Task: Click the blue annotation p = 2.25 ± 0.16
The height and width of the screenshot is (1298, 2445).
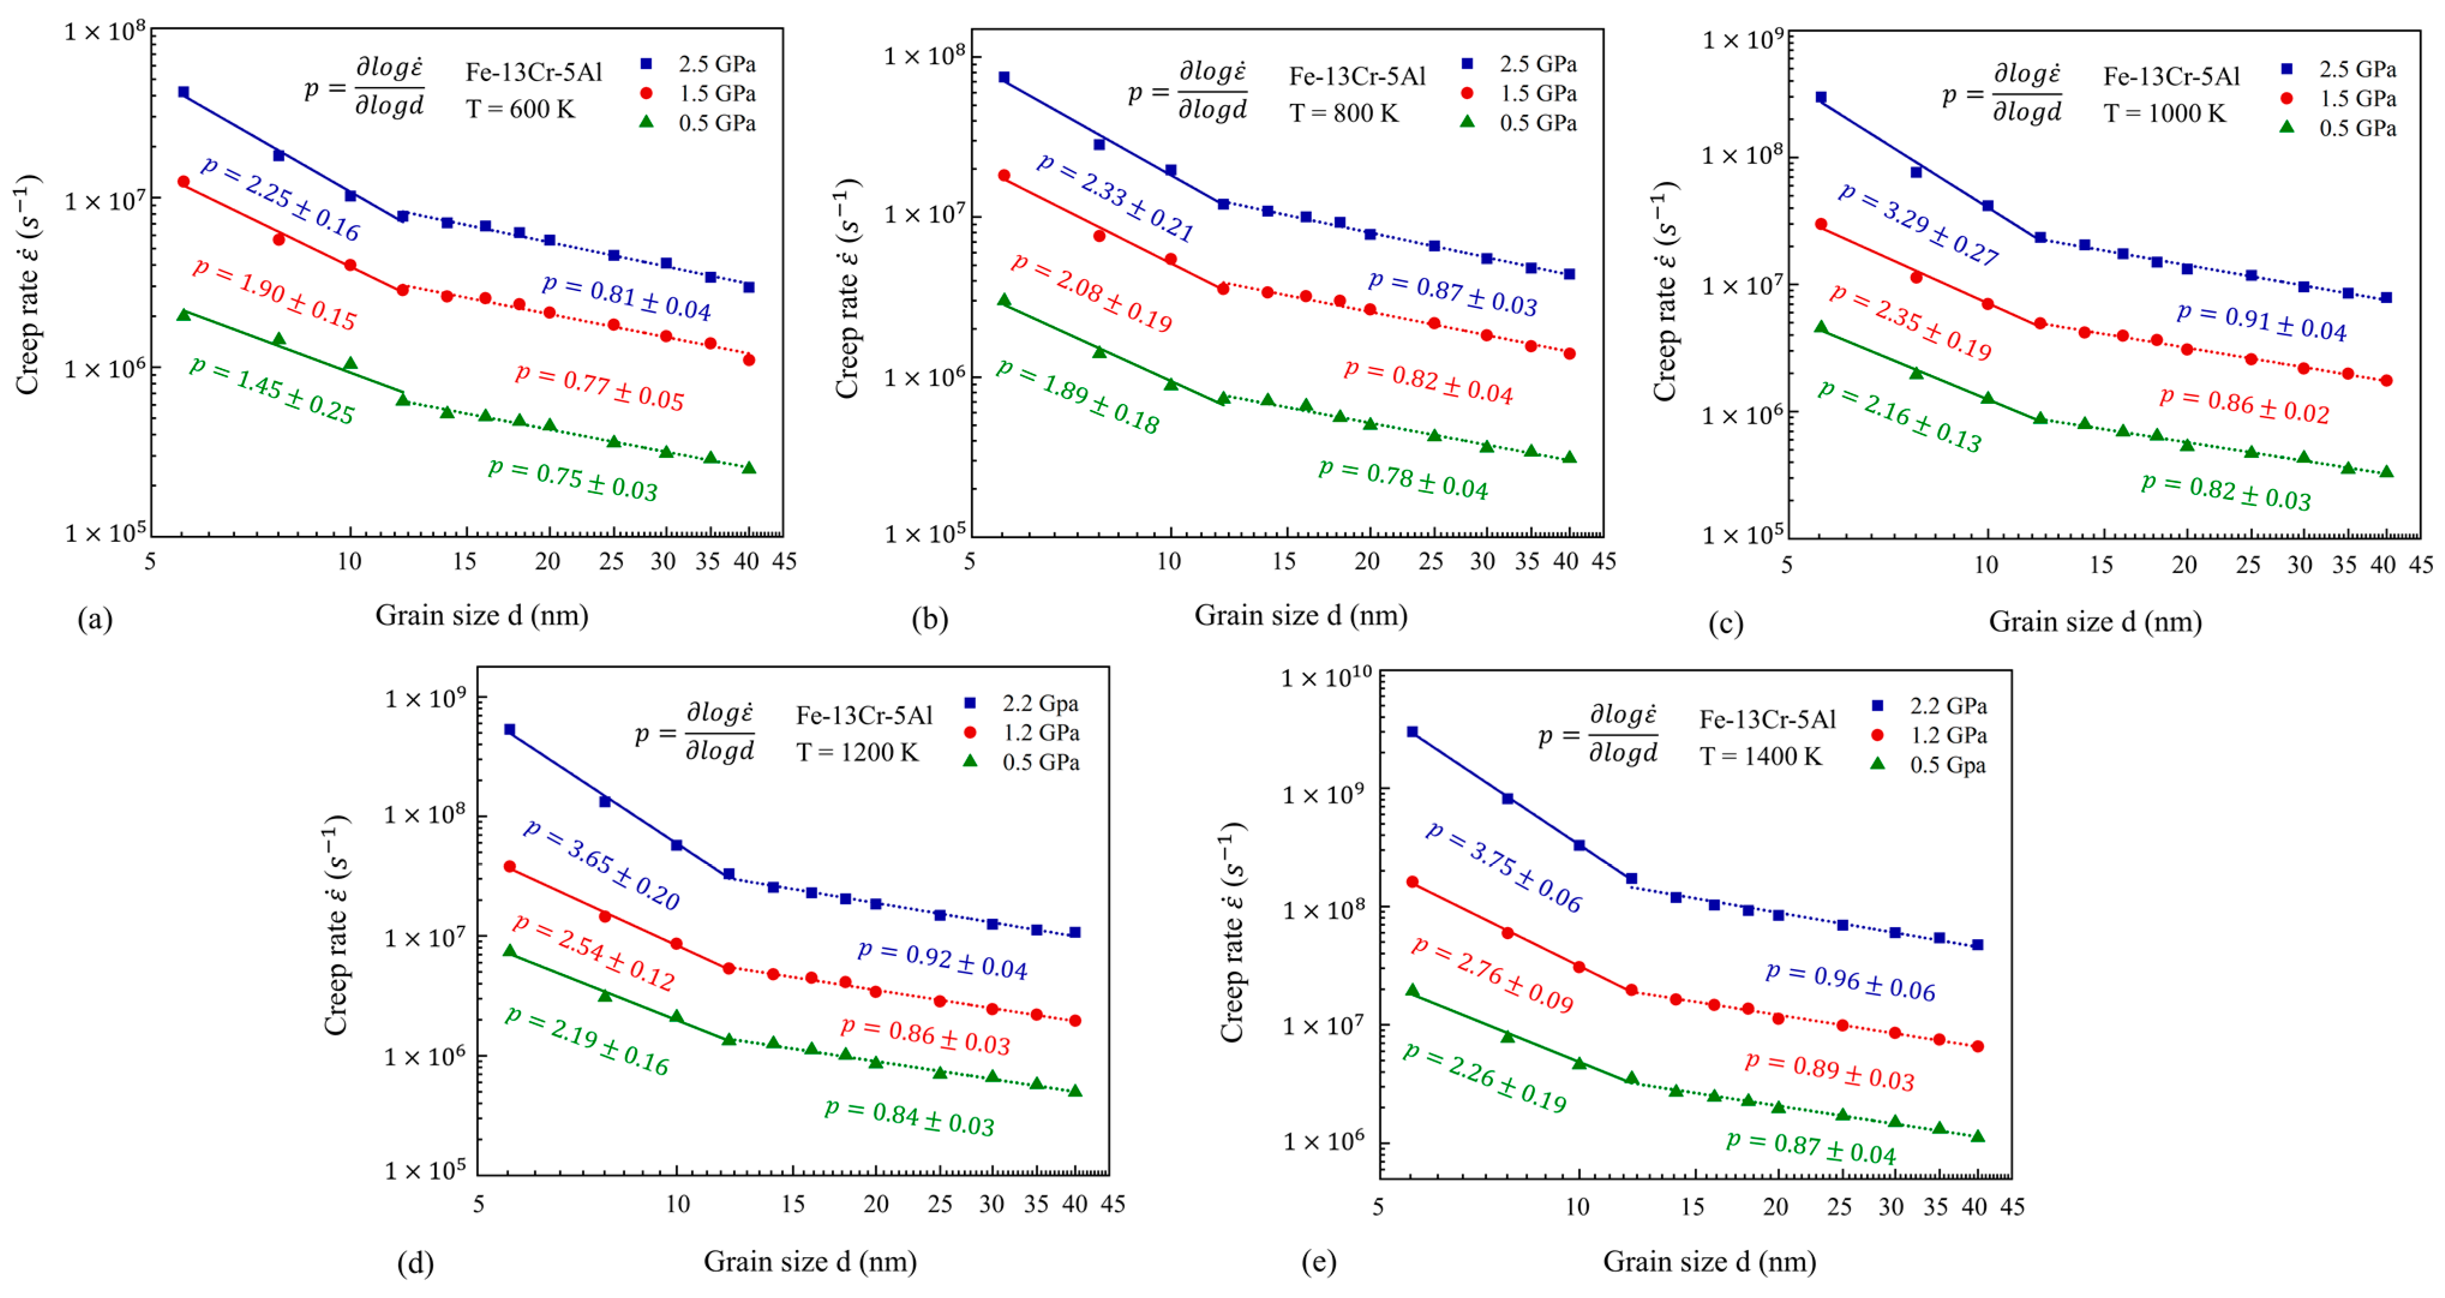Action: (x=281, y=199)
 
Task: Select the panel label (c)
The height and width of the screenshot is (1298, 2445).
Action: (x=1725, y=623)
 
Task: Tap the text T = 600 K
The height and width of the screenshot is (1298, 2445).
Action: (x=520, y=109)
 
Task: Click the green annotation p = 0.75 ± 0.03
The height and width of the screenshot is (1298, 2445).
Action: (x=573, y=479)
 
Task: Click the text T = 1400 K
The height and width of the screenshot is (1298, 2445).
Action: (x=1761, y=756)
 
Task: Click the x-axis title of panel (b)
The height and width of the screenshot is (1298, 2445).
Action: (x=1301, y=616)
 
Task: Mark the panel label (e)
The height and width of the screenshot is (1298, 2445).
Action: (x=1319, y=1262)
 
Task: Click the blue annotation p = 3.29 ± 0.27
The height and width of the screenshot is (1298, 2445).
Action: (x=1918, y=224)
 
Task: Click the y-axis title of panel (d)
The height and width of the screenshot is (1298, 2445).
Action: (x=336, y=925)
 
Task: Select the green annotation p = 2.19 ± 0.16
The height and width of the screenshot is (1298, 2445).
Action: (x=586, y=1042)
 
